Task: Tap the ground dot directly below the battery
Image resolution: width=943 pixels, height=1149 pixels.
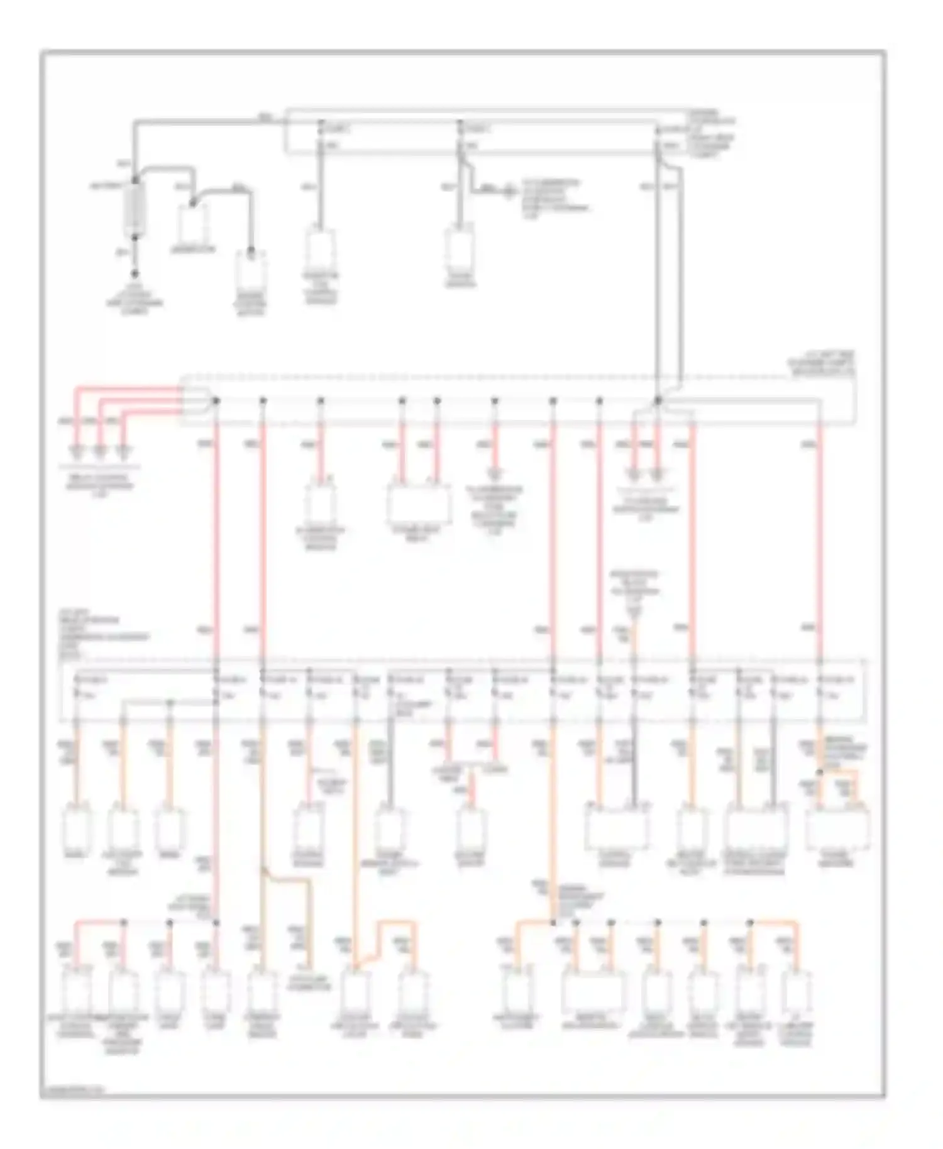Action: (135, 275)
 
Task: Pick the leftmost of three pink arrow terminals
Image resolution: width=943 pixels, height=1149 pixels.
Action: (77, 451)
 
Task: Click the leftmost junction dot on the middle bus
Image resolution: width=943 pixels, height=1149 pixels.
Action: (216, 400)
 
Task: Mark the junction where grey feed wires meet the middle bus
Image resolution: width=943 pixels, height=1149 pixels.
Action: (658, 400)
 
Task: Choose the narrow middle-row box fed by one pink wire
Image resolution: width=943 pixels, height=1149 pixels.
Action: (321, 503)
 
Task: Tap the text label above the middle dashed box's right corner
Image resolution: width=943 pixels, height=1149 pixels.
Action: (821, 365)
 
